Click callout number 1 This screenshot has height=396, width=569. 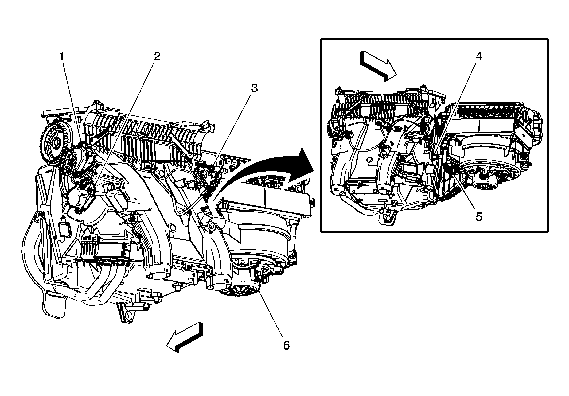(62, 57)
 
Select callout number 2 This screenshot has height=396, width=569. (157, 56)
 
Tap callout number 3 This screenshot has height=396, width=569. (254, 88)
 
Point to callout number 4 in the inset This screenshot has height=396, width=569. (479, 56)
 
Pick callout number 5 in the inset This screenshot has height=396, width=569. (479, 217)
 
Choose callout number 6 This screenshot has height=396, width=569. (286, 345)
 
